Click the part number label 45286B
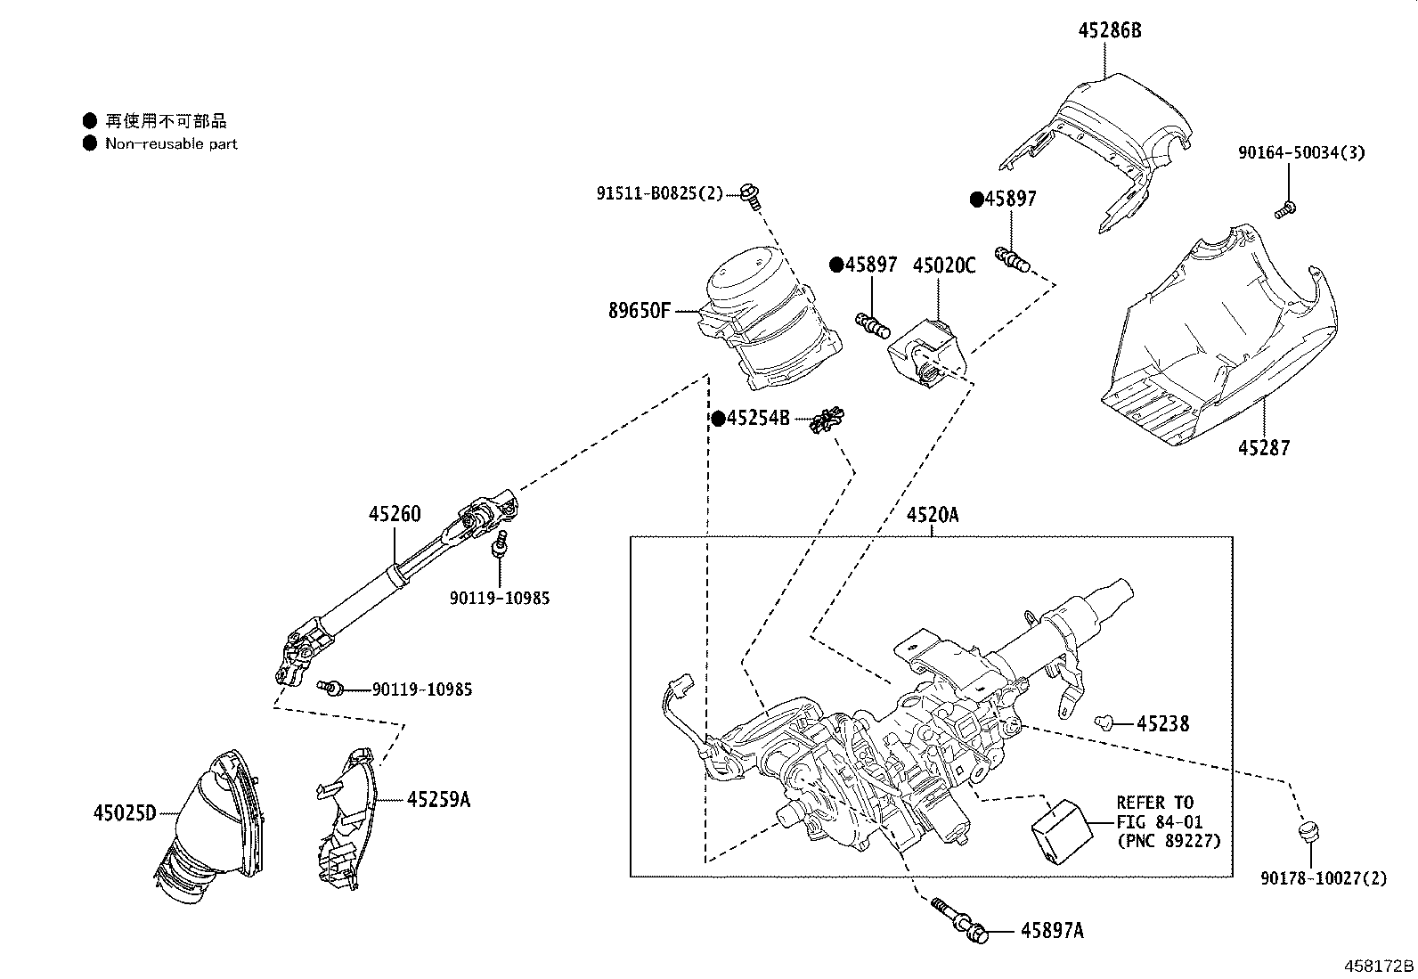1110,30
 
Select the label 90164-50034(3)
1301,152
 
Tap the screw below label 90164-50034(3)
1285,209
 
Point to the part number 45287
1264,448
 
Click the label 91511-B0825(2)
660,193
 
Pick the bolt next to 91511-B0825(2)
751,196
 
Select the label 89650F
639,311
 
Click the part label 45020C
944,265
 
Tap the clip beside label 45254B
827,420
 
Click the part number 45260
395,514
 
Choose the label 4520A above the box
933,515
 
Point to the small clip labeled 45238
1104,722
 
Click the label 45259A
439,800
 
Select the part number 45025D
124,813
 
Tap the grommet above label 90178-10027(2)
1308,831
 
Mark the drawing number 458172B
1379,967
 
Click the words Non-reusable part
171,143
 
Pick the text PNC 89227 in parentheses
1169,841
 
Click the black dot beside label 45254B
719,420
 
